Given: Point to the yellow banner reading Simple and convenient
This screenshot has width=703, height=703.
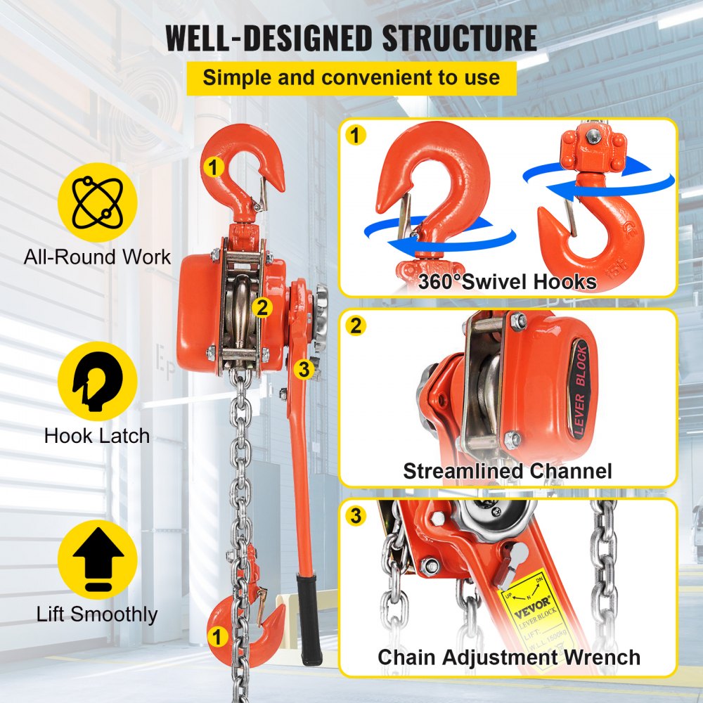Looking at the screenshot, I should [351, 77].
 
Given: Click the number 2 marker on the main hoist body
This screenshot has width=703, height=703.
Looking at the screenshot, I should [262, 307].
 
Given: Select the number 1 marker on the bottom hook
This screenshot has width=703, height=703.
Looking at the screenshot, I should [217, 637].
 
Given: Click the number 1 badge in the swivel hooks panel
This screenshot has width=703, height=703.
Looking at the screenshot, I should [357, 135].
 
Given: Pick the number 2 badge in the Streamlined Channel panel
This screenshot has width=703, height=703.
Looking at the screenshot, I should [357, 325].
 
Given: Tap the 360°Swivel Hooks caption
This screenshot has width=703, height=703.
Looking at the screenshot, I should [508, 282].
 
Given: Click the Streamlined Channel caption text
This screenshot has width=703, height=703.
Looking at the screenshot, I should [508, 470].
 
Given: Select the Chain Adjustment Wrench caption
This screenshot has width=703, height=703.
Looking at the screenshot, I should [509, 657].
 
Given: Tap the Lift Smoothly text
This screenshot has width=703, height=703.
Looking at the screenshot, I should [97, 614].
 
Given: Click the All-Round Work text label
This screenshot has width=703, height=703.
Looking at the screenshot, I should [97, 257].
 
